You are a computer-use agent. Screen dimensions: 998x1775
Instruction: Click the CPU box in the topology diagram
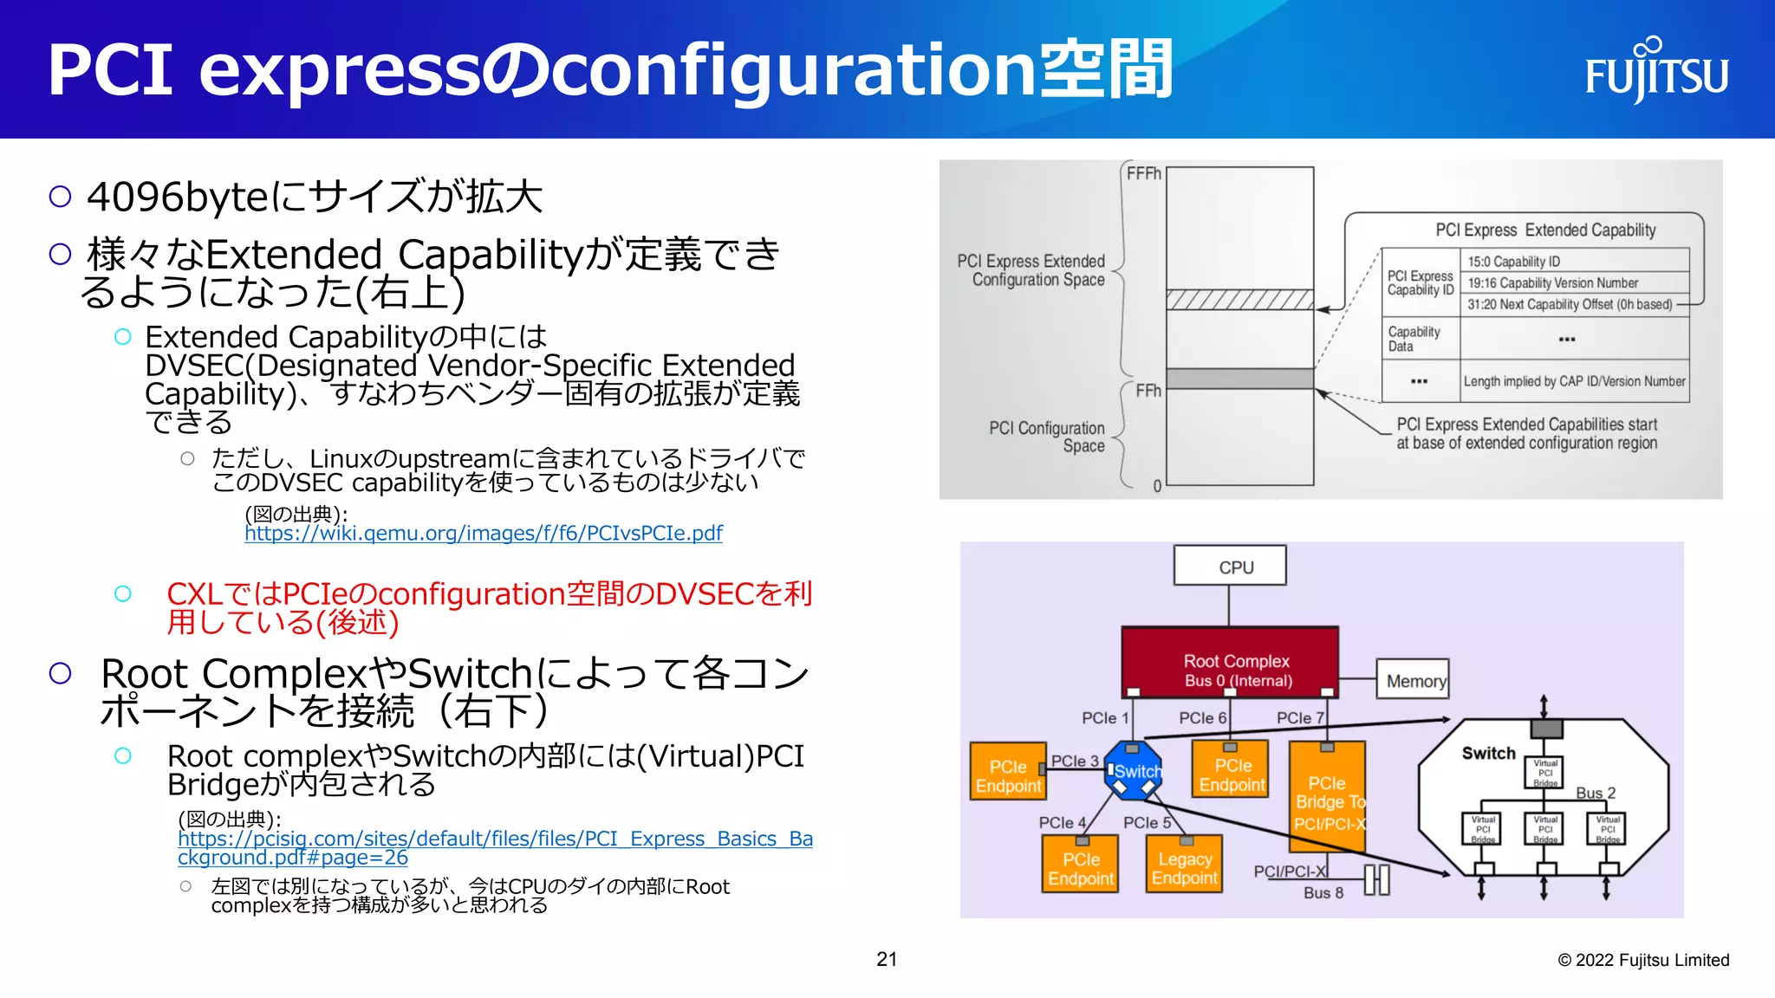coord(1229,567)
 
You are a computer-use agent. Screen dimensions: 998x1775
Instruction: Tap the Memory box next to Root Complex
coord(1413,680)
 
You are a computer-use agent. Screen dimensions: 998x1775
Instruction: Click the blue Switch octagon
coord(1133,770)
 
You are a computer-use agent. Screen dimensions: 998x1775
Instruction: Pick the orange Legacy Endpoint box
coord(1184,866)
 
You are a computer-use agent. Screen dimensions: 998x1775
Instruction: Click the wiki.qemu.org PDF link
coord(483,533)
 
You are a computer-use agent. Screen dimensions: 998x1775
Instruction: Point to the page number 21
coord(886,959)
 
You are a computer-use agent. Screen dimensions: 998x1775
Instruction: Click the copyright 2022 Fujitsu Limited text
coord(1642,960)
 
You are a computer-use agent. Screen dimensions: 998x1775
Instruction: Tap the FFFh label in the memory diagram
coord(1142,173)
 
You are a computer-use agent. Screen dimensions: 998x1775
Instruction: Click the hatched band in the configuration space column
coord(1239,300)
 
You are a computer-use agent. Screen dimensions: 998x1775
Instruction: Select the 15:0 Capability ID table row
coord(1574,261)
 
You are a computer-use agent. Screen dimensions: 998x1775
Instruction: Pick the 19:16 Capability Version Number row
coord(1574,282)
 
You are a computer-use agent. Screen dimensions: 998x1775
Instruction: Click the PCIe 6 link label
coord(1201,717)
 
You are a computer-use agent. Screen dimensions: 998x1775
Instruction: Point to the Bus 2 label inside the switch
coord(1595,793)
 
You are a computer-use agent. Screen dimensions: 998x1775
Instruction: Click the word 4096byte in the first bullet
coord(178,197)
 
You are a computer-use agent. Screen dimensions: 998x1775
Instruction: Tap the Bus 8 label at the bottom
coord(1323,892)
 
